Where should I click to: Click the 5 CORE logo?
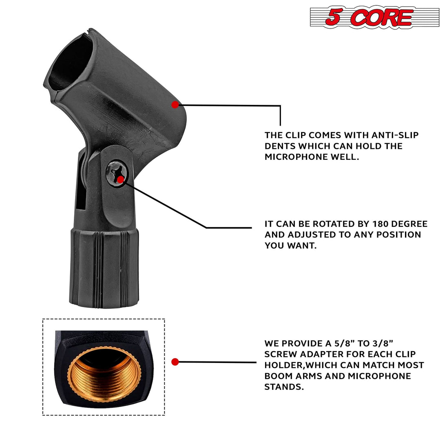374,17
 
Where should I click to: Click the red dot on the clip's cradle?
175,105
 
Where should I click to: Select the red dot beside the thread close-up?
175,362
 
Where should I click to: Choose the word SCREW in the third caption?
280,354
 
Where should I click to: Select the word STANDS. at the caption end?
284,387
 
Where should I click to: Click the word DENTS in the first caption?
282,146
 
